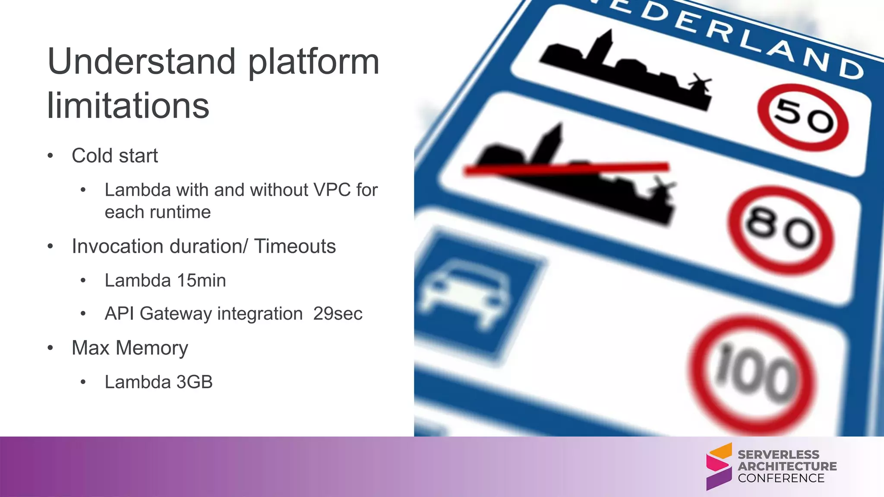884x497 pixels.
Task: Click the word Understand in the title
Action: [142, 62]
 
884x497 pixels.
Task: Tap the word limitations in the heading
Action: [128, 106]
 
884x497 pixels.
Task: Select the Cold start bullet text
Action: [114, 156]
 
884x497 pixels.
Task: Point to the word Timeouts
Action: [295, 246]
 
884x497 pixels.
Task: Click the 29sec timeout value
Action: [338, 314]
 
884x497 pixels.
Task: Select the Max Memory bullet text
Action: [129, 348]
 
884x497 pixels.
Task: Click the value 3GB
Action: [194, 382]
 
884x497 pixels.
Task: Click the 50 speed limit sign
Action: [803, 117]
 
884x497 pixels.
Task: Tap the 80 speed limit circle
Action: [780, 230]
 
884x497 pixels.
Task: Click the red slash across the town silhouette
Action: [565, 169]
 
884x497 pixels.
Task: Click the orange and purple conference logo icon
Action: [719, 466]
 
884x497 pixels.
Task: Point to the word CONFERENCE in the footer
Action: [781, 478]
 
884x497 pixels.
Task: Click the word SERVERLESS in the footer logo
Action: [778, 454]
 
